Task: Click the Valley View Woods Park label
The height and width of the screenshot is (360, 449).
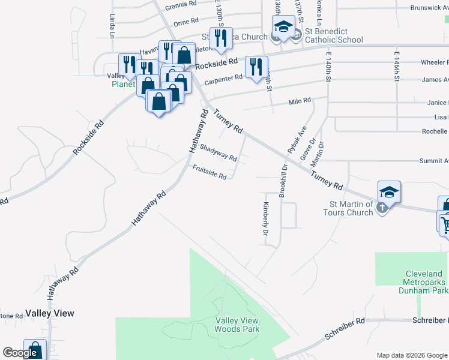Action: pyautogui.click(x=237, y=325)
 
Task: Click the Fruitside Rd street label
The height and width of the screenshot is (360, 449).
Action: pyautogui.click(x=209, y=172)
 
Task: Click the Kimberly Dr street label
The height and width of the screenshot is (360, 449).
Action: pyautogui.click(x=265, y=217)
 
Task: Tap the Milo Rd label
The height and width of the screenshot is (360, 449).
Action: pyautogui.click(x=300, y=101)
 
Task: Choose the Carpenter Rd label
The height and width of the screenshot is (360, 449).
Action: pyautogui.click(x=223, y=77)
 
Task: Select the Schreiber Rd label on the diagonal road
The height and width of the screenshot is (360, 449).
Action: pyautogui.click(x=344, y=328)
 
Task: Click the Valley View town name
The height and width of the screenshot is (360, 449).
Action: pyautogui.click(x=50, y=313)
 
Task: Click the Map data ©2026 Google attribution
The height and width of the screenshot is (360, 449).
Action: pyautogui.click(x=412, y=355)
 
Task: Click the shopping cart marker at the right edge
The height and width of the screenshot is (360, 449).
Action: pyautogui.click(x=445, y=225)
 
